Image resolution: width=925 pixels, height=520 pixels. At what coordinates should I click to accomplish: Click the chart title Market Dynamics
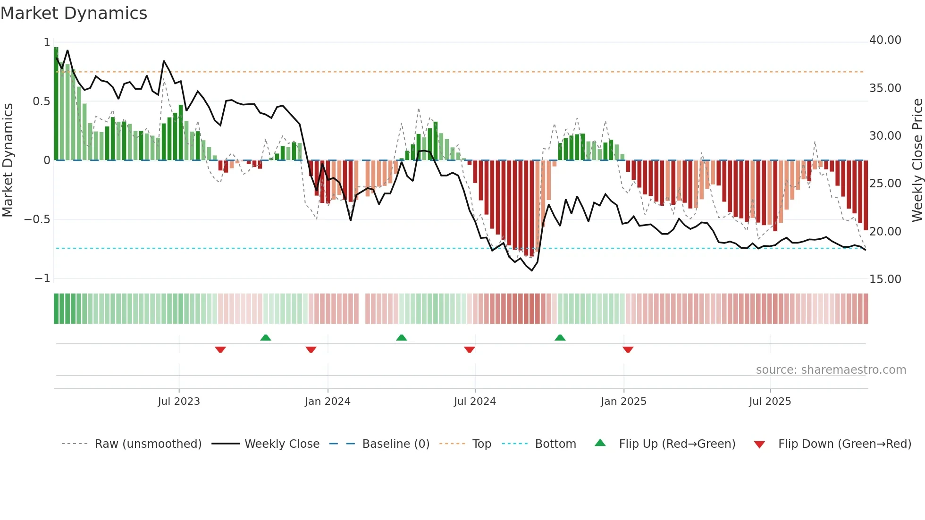(74, 13)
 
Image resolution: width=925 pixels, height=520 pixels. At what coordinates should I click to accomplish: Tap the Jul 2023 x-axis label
(179, 402)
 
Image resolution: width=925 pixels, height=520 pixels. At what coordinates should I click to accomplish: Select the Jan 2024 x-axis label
(328, 402)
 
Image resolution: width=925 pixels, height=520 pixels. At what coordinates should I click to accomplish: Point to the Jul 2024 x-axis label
(475, 402)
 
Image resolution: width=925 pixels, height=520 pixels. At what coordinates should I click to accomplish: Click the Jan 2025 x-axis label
(623, 402)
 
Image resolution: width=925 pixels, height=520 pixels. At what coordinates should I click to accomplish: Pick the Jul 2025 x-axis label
(770, 402)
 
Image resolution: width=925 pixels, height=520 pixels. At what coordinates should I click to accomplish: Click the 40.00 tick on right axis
(885, 40)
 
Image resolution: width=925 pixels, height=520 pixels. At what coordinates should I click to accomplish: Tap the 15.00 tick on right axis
(885, 279)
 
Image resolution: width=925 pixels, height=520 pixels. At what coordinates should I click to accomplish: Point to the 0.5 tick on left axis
(41, 101)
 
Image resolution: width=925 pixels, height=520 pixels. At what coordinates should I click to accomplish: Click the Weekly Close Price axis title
(917, 160)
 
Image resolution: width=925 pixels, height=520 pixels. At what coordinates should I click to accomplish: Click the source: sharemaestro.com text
(831, 370)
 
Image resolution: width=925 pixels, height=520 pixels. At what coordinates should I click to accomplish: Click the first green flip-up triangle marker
(266, 337)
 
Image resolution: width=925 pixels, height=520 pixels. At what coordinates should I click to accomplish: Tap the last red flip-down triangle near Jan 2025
(628, 350)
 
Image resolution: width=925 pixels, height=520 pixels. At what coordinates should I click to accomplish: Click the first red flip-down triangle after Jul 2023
(220, 350)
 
